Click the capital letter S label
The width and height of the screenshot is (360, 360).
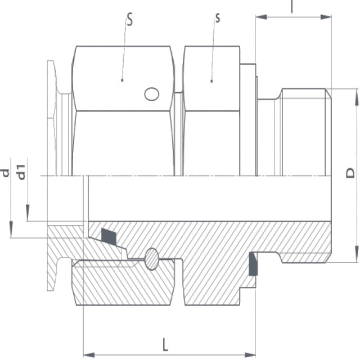click(130, 19)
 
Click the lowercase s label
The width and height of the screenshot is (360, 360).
click(218, 18)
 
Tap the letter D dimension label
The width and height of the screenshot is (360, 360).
click(350, 173)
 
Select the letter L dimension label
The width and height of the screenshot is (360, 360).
click(165, 344)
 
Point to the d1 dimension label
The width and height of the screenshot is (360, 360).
click(21, 172)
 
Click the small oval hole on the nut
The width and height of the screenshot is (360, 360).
click(152, 94)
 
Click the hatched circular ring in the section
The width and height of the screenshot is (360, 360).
click(152, 259)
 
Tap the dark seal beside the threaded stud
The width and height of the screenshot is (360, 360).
click(253, 264)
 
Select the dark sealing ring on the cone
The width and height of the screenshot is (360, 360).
click(109, 236)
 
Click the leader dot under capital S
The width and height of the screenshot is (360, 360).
click(122, 80)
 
